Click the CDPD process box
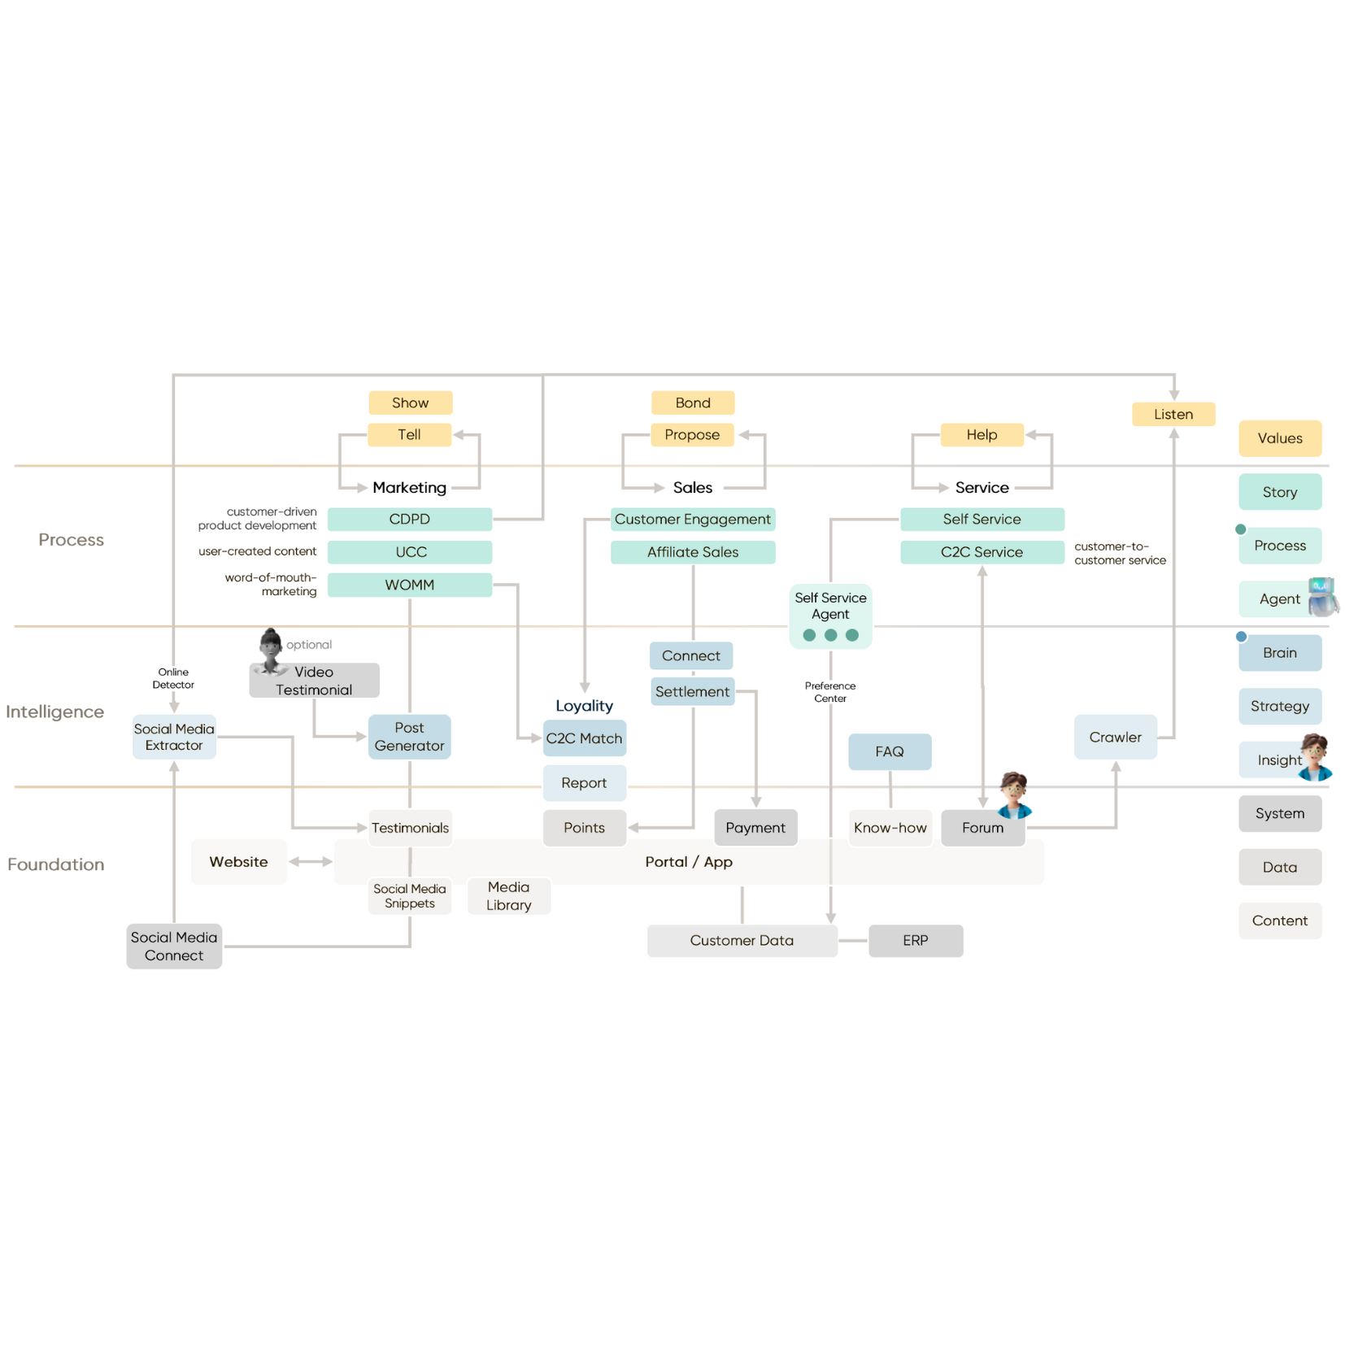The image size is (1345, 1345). pos(410,519)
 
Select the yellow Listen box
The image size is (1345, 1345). pos(1173,415)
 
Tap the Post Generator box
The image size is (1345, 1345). pos(409,737)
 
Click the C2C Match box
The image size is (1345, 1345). pos(584,738)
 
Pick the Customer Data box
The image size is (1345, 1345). pos(742,941)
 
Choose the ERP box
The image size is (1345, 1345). pos(916,941)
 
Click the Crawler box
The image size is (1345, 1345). pos(1115,738)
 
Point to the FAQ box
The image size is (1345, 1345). pos(890,751)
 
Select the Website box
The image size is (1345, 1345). pos(238,862)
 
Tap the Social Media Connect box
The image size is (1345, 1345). pos(174,947)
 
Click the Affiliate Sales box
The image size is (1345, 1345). pos(693,552)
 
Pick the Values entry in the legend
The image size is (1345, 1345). pos(1280,438)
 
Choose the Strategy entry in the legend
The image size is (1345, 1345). pos(1280,707)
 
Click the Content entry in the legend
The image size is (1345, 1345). pos(1280,921)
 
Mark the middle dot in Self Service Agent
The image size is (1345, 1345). pos(830,635)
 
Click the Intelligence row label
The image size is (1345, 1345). pos(55,712)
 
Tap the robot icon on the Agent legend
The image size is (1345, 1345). pos(1323,597)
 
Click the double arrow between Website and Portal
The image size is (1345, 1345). pos(310,861)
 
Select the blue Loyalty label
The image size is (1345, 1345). pos(584,706)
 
